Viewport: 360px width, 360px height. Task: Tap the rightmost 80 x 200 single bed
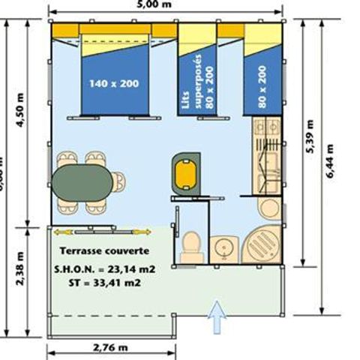coord(261,79)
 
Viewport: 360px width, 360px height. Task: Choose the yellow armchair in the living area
coord(184,172)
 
